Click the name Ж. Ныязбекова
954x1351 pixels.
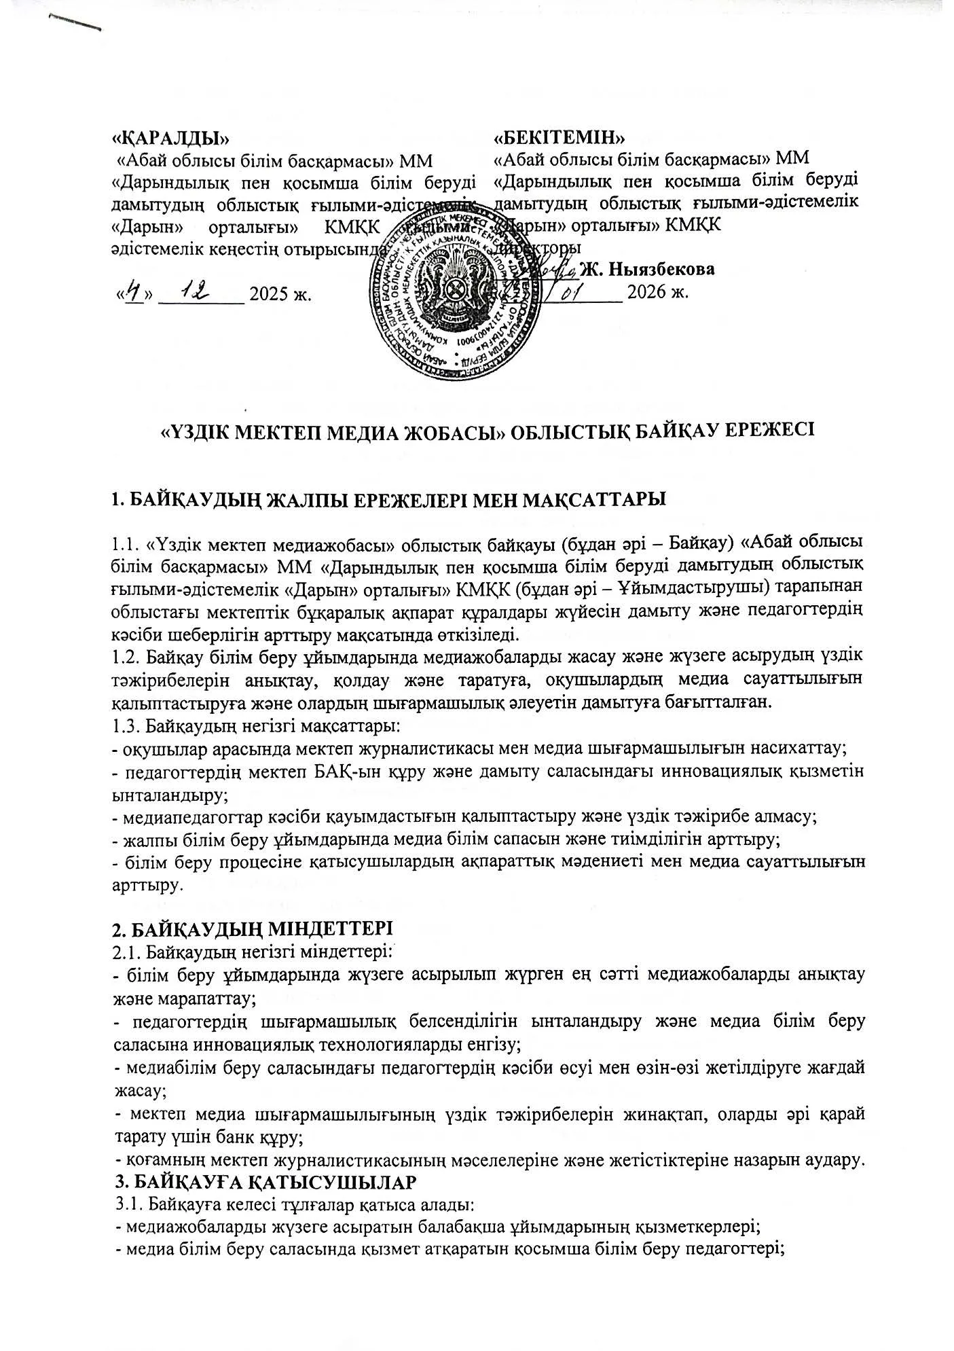click(x=648, y=270)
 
